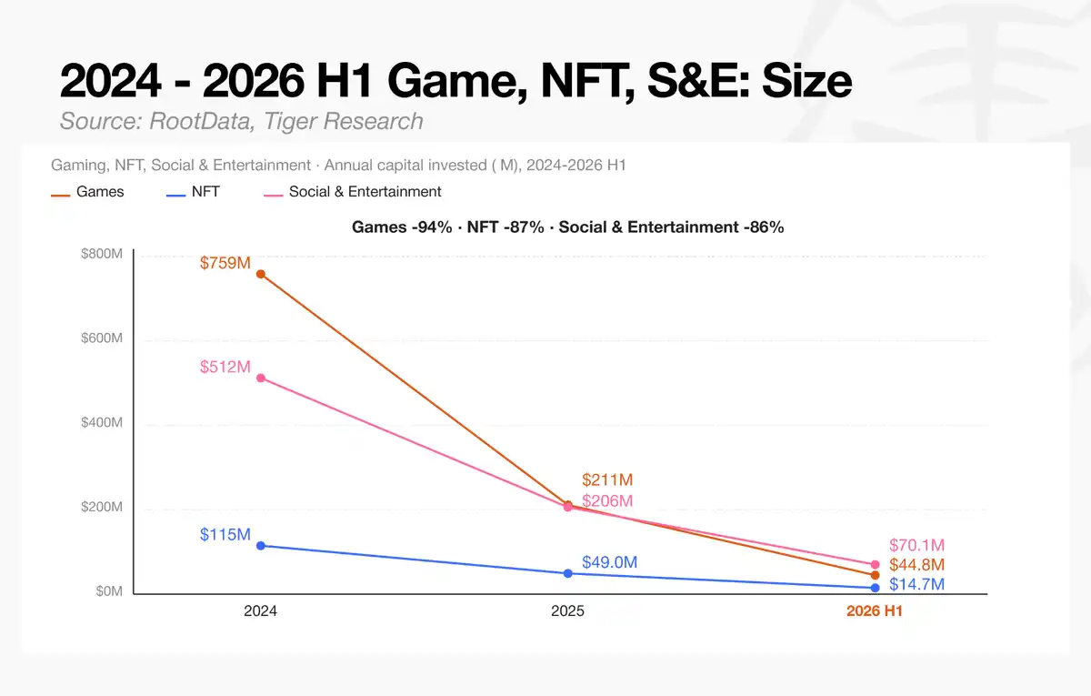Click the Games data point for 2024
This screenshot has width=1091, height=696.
(x=261, y=275)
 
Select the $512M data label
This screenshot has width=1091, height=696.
(x=225, y=367)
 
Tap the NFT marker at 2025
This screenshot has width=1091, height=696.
(x=568, y=574)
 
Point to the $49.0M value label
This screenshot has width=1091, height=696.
(x=609, y=562)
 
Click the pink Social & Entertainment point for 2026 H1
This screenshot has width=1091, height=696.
(x=875, y=564)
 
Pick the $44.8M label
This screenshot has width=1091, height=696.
(x=916, y=565)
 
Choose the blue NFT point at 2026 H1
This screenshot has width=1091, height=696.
(x=875, y=589)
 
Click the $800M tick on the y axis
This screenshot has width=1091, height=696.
(x=102, y=254)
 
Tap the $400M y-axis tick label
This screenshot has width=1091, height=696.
(x=102, y=422)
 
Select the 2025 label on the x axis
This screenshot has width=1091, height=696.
(x=567, y=610)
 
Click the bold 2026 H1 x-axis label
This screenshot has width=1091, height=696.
(x=875, y=610)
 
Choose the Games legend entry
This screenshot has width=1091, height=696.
(x=87, y=192)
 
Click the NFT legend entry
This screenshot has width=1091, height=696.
(x=193, y=192)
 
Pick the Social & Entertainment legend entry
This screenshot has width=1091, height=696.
(x=352, y=192)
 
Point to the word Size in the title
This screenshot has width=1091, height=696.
(x=806, y=80)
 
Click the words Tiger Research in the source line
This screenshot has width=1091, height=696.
(x=344, y=121)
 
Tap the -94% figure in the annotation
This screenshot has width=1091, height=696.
(x=432, y=227)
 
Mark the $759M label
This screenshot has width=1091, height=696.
(x=225, y=263)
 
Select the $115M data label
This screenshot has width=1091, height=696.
(x=225, y=534)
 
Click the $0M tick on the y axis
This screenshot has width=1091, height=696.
(x=109, y=591)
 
